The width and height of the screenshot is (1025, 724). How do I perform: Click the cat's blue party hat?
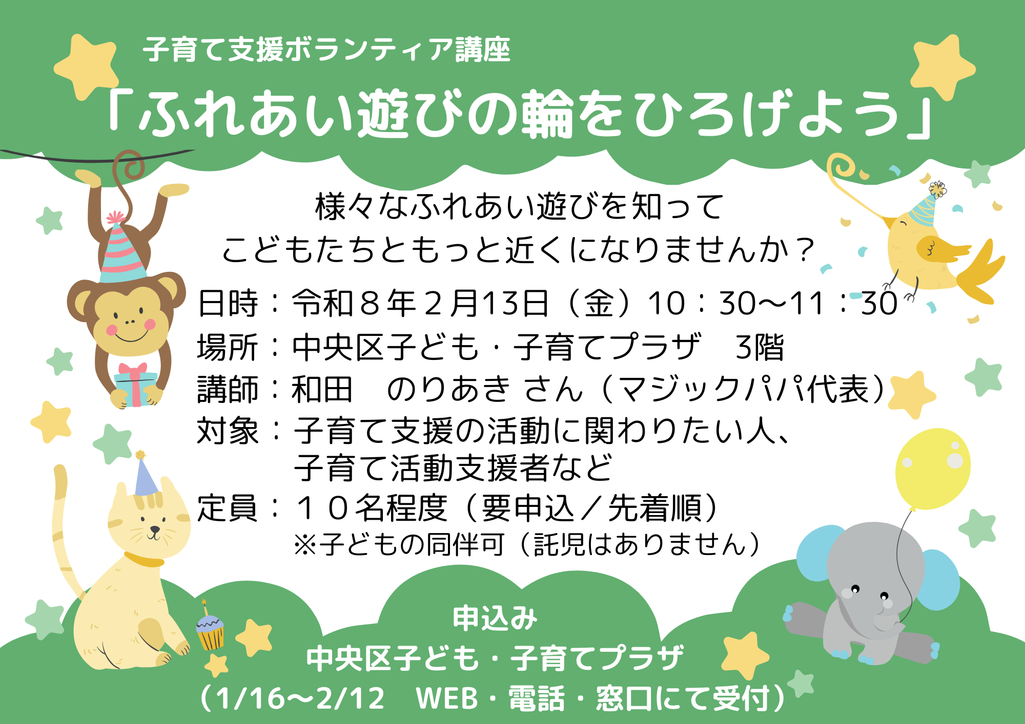click(145, 479)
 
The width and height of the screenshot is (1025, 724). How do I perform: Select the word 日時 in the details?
click(228, 303)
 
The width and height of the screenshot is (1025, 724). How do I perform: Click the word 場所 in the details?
click(228, 347)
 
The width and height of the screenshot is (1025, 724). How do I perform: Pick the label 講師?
click(228, 389)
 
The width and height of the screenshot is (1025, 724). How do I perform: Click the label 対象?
click(228, 431)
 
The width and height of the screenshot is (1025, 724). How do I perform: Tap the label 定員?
click(228, 508)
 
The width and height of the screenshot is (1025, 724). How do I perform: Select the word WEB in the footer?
click(447, 698)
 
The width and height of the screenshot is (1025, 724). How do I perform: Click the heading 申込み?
click(495, 618)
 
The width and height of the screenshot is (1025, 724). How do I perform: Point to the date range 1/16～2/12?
click(300, 698)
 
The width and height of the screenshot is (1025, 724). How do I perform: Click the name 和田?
click(322, 389)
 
